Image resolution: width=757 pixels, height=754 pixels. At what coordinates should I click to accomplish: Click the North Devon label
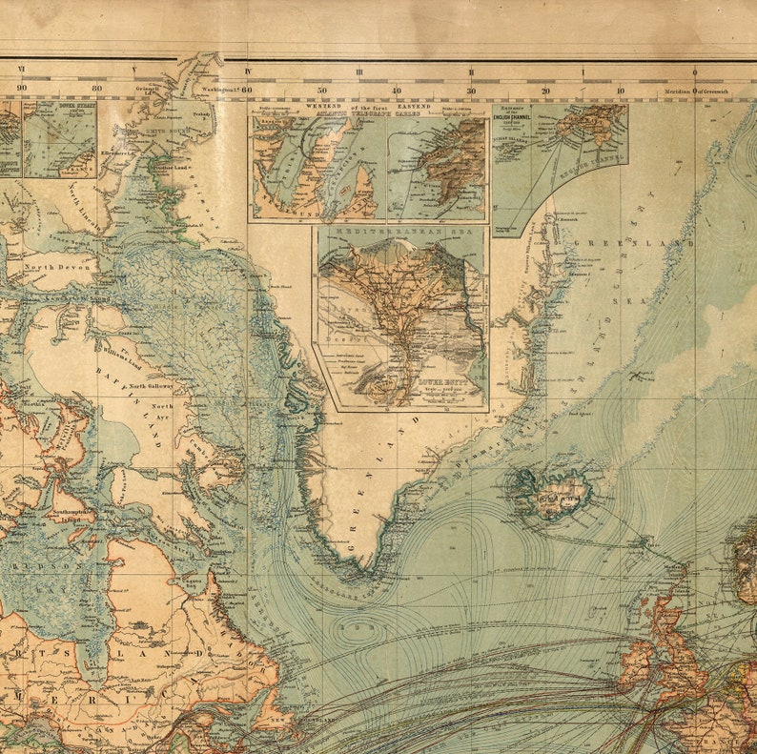(x=58, y=268)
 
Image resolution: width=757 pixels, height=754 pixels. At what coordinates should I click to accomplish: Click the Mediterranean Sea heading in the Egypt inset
(x=400, y=232)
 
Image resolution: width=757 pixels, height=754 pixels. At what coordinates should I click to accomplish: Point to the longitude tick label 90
(x=21, y=89)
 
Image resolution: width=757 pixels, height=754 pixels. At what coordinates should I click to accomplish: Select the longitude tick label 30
(x=470, y=92)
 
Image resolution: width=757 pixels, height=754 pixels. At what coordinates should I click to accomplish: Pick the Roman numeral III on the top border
(x=359, y=71)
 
